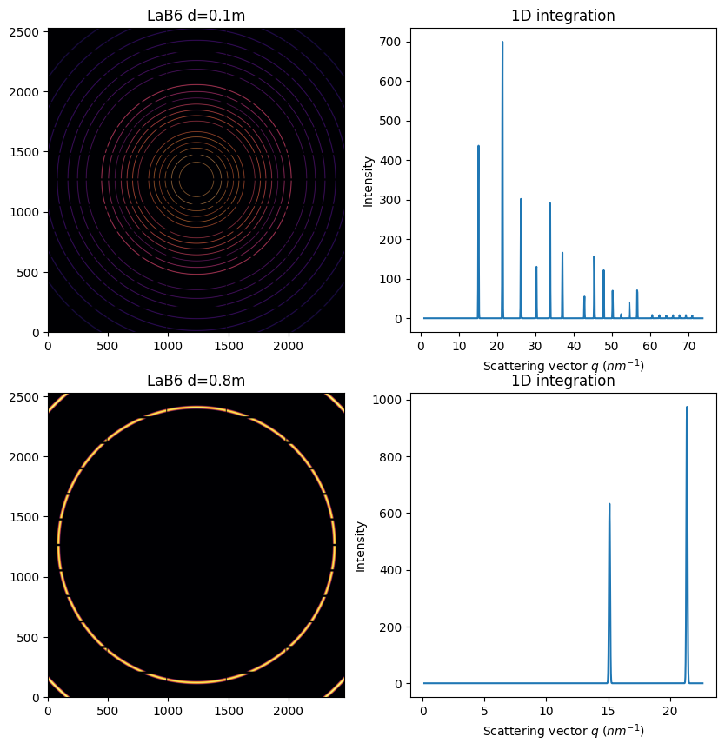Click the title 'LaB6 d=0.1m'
[196, 16]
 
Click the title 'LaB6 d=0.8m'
[196, 381]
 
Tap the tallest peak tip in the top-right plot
[502, 42]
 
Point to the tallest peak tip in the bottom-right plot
[687, 407]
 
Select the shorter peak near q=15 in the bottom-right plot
[609, 504]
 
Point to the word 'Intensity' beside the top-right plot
[368, 181]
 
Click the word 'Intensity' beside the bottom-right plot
[361, 546]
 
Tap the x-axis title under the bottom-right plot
[563, 731]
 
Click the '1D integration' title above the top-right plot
[563, 16]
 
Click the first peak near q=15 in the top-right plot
[478, 146]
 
